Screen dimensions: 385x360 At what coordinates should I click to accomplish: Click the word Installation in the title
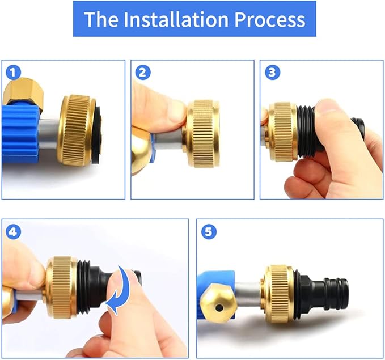[x=176, y=19]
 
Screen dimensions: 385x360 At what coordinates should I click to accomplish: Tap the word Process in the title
[x=269, y=19]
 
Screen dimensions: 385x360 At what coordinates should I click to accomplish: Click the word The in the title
[x=101, y=19]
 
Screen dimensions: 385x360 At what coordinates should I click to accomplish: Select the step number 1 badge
[x=13, y=73]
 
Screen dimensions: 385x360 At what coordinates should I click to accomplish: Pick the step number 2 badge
[x=143, y=73]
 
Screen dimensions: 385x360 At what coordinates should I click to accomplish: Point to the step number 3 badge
[x=272, y=73]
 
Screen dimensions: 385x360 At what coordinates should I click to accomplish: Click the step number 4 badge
[x=13, y=232]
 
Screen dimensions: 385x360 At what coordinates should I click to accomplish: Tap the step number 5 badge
[x=209, y=232]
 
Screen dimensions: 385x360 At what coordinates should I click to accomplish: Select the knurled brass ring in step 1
[x=78, y=130]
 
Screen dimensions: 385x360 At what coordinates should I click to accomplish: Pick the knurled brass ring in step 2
[x=202, y=134]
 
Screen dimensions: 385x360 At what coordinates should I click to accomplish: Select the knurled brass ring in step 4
[x=62, y=287]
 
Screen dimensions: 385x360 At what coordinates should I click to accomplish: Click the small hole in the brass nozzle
[x=218, y=307]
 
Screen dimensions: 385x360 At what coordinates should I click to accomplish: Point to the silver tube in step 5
[x=248, y=294]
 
